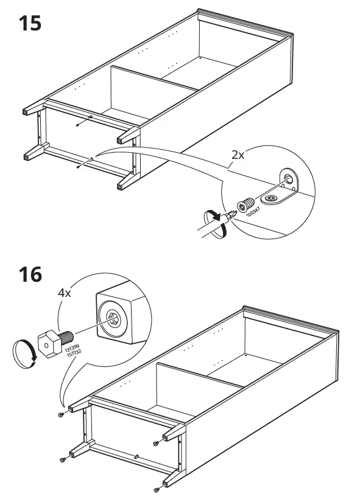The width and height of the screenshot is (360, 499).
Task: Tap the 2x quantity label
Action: click(238, 155)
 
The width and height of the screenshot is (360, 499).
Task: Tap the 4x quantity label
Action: click(65, 293)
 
